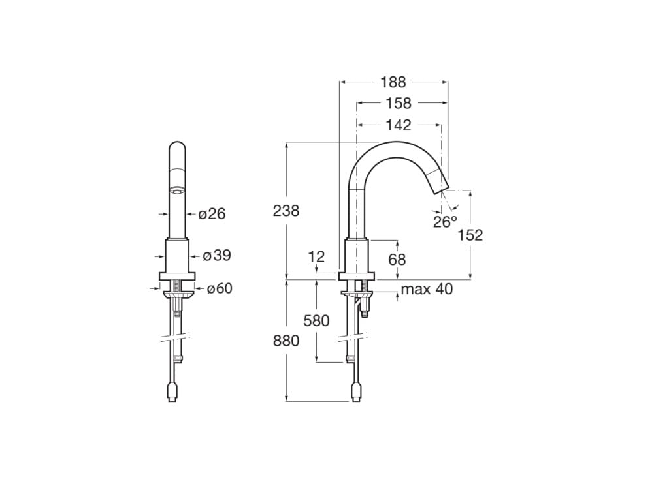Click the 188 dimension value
pyautogui.click(x=393, y=82)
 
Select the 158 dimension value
pyautogui.click(x=398, y=103)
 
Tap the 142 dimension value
pyautogui.click(x=398, y=125)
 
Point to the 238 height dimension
pyautogui.click(x=286, y=211)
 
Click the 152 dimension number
pyautogui.click(x=470, y=235)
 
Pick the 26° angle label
pyautogui.click(x=445, y=222)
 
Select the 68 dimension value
pyautogui.click(x=397, y=260)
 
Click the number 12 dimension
pyautogui.click(x=316, y=256)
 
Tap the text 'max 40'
pyautogui.click(x=427, y=289)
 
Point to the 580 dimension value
pyautogui.click(x=316, y=320)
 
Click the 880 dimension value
pyautogui.click(x=286, y=341)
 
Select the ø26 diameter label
pyautogui.click(x=212, y=213)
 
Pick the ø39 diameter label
pyautogui.click(x=217, y=256)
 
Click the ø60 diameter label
pyautogui.click(x=220, y=288)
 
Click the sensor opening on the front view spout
pyautogui.click(x=176, y=191)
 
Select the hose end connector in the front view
pyautogui.click(x=172, y=393)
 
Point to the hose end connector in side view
pyautogui.click(x=356, y=392)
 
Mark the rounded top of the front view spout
pyautogui.click(x=176, y=147)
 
